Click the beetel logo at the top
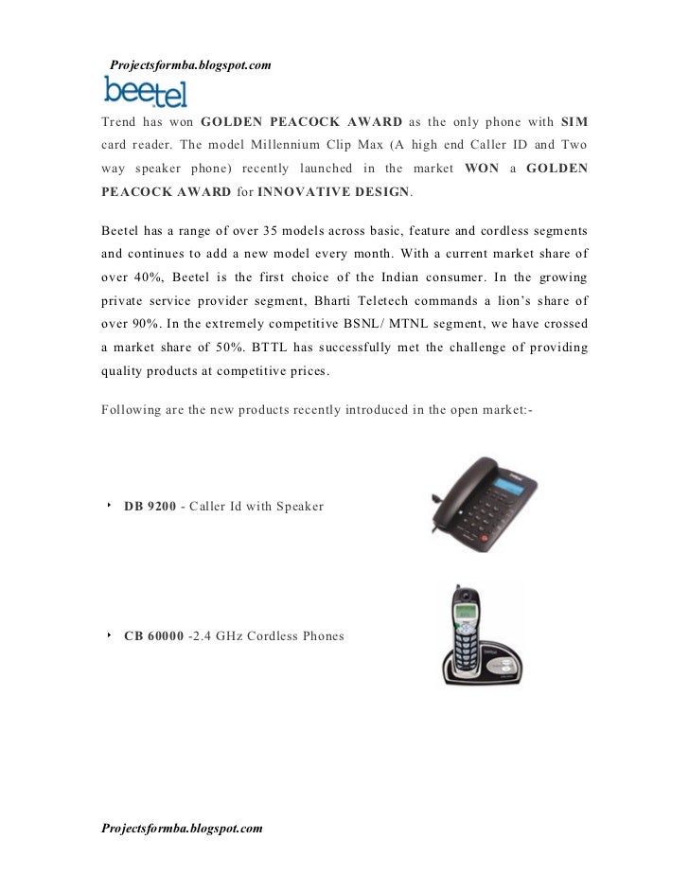coord(145,92)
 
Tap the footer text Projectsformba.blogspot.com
coord(182,828)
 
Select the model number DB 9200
coord(150,507)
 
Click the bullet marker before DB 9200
coord(110,506)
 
